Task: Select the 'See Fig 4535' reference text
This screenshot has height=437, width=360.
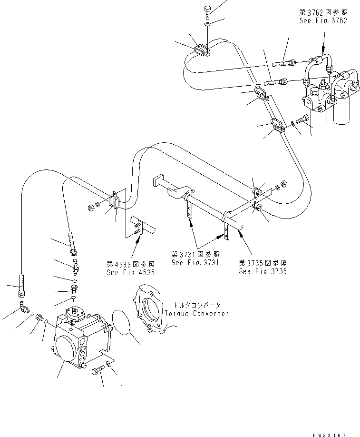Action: pyautogui.click(x=130, y=272)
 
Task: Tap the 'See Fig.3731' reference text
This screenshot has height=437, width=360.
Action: pyautogui.click(x=195, y=262)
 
